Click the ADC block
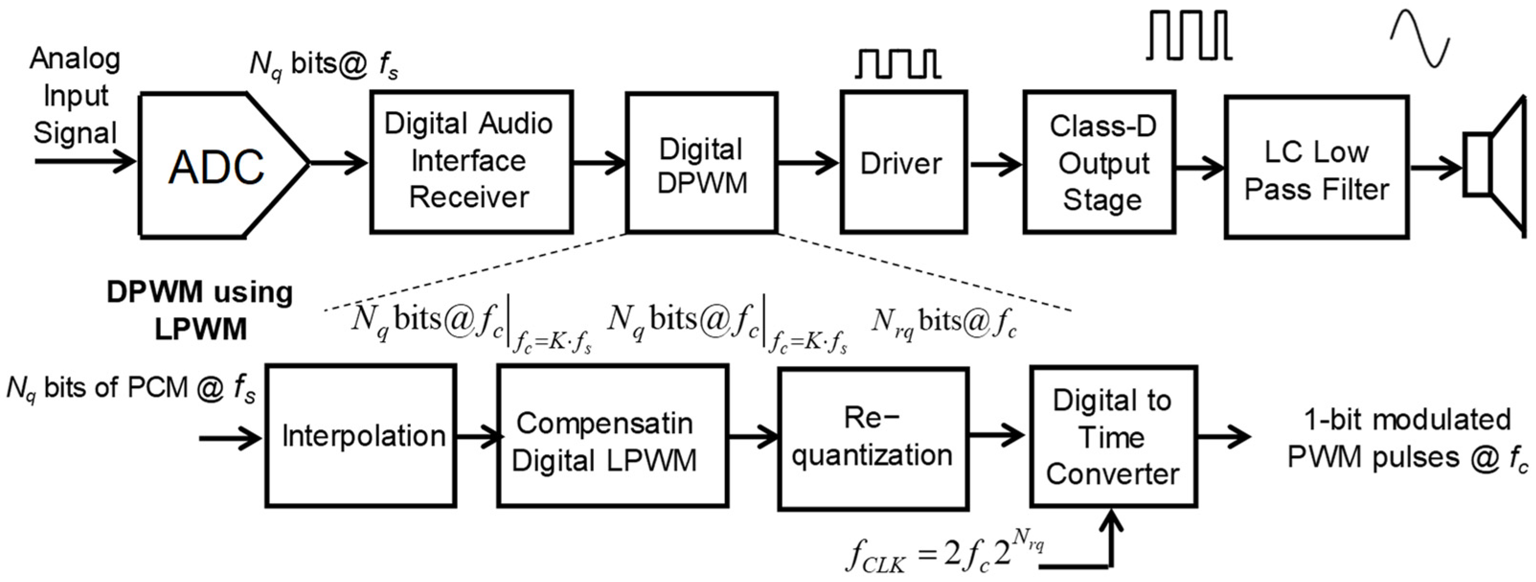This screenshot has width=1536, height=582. [224, 165]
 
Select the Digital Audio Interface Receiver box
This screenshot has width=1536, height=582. [471, 161]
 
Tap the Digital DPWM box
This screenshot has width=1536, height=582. [702, 162]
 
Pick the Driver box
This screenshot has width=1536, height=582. [904, 162]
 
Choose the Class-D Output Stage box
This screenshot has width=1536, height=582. [1099, 162]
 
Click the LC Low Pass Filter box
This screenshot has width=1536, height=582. [1317, 167]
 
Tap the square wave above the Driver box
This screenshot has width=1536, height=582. [898, 63]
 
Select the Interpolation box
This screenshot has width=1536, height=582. [361, 436]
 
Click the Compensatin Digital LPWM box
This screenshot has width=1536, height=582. [613, 436]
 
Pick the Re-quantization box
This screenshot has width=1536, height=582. [873, 438]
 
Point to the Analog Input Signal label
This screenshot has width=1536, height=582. [75, 95]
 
